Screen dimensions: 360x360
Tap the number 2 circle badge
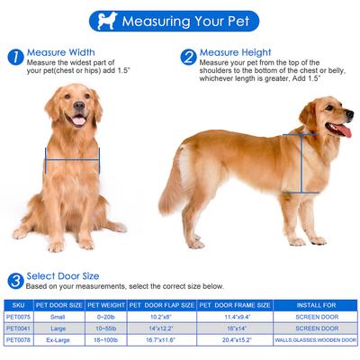pos(188,57)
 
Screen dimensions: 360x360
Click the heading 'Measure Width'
pos(60,52)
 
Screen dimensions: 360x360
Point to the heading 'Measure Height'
pos(237,52)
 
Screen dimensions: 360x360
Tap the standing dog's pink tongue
pos(342,131)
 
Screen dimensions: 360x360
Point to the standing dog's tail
pos(175,184)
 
